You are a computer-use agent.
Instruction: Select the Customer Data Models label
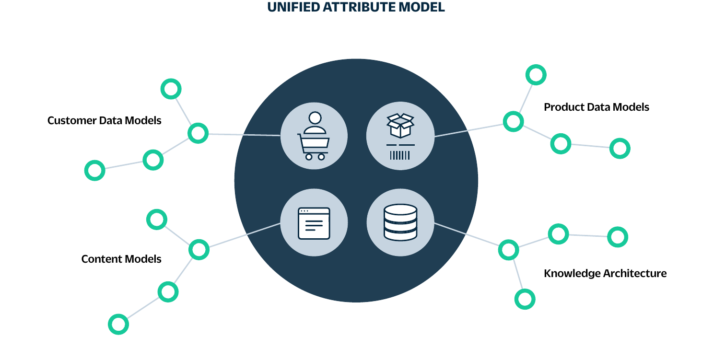pos(104,120)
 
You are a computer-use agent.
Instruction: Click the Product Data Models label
pos(596,107)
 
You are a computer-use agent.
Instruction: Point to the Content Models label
pos(121,259)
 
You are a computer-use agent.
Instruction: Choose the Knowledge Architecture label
pos(605,273)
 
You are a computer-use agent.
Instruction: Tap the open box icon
pos(400,126)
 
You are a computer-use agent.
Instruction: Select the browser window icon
pos(314,223)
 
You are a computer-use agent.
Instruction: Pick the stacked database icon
pos(400,222)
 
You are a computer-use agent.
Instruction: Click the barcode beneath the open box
pos(400,155)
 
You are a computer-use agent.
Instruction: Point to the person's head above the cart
pos(315,117)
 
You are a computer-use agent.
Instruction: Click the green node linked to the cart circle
pos(198,133)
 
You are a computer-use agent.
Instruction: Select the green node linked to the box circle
pos(513,121)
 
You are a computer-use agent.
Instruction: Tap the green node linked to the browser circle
pos(199,249)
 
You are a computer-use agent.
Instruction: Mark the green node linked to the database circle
pos(508,250)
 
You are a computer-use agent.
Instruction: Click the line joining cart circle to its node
pos(245,135)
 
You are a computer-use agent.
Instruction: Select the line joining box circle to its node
pos(470,129)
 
